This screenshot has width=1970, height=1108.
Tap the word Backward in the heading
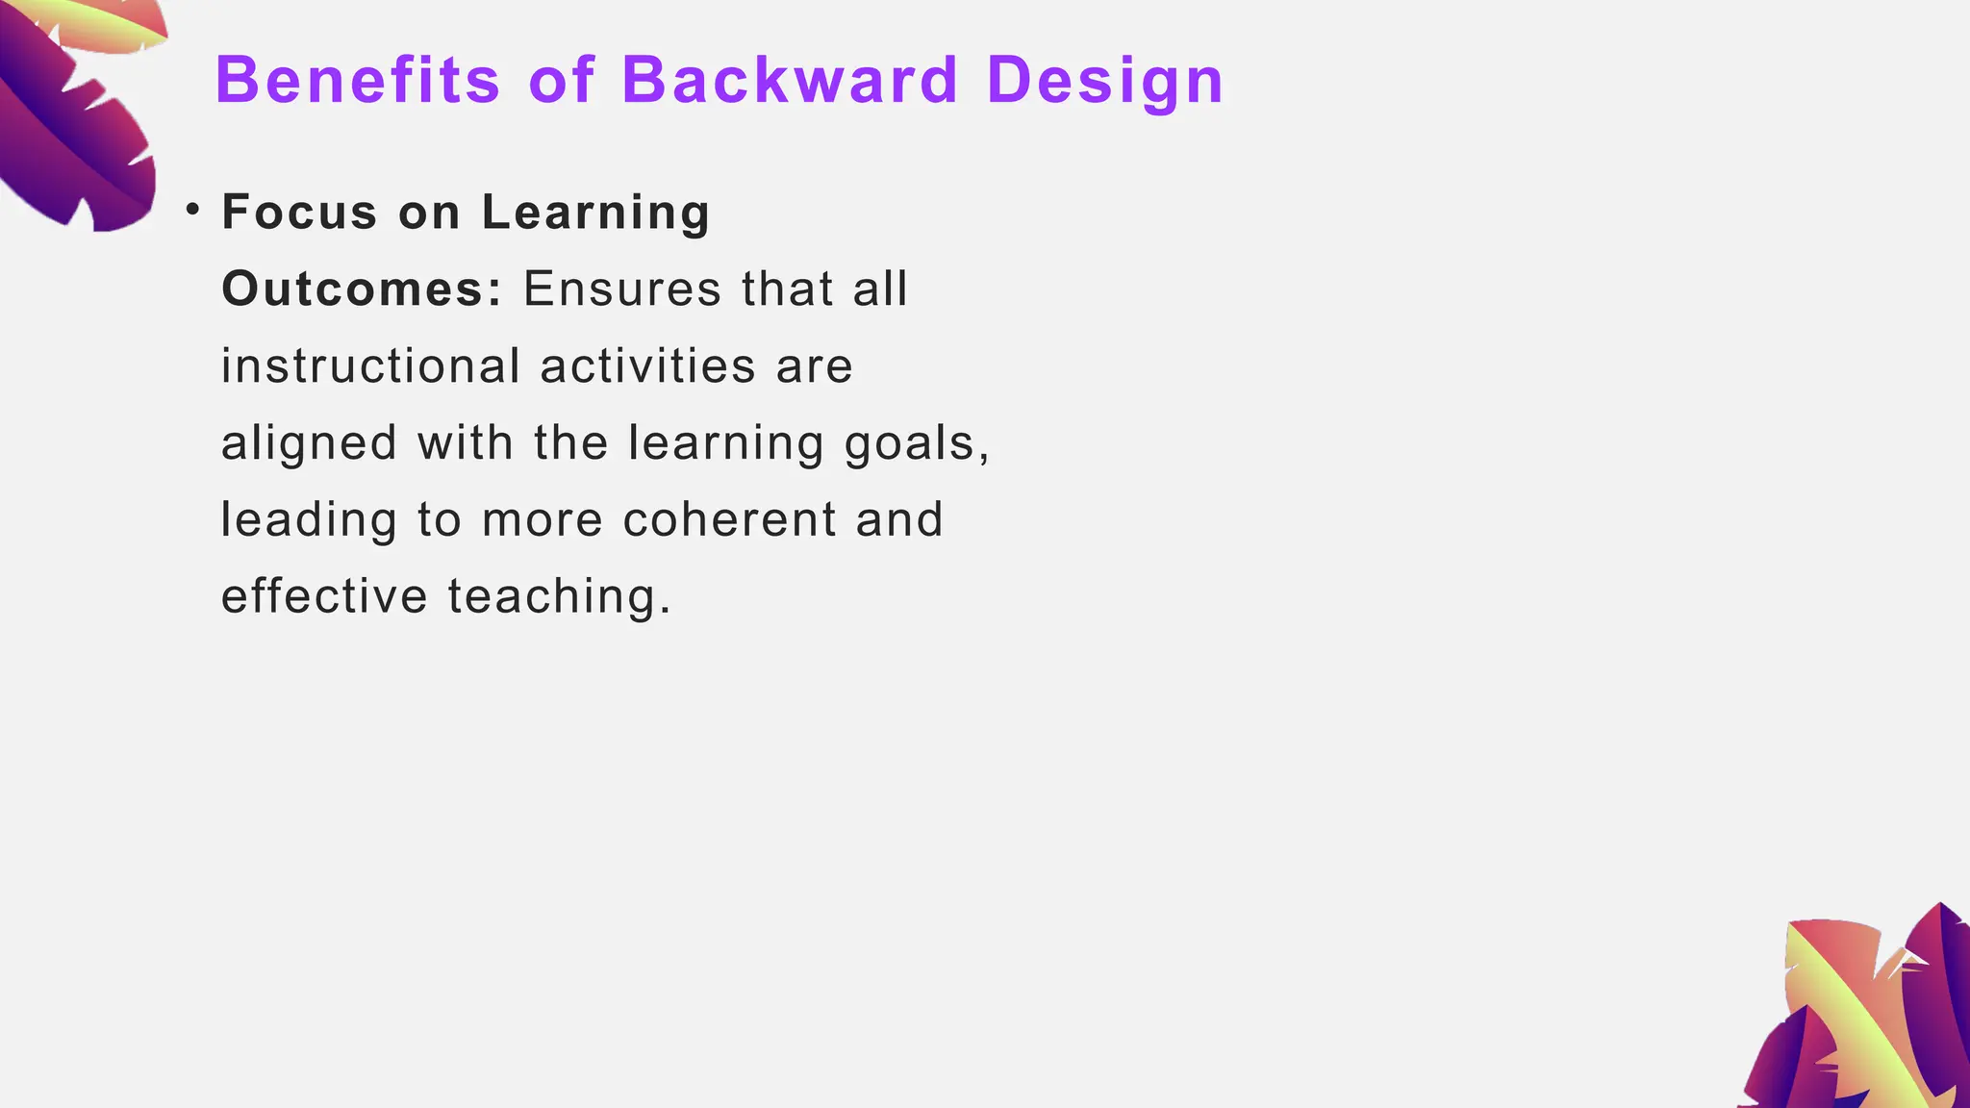790,80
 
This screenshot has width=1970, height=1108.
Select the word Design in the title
1104,82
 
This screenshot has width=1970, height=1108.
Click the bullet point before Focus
193,210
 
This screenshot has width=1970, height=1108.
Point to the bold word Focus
299,213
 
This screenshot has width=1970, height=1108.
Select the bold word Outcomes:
362,290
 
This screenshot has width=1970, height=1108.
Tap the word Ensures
621,290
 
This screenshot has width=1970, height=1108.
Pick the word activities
648,366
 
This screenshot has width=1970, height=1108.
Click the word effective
324,596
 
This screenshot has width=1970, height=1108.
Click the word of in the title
562,80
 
